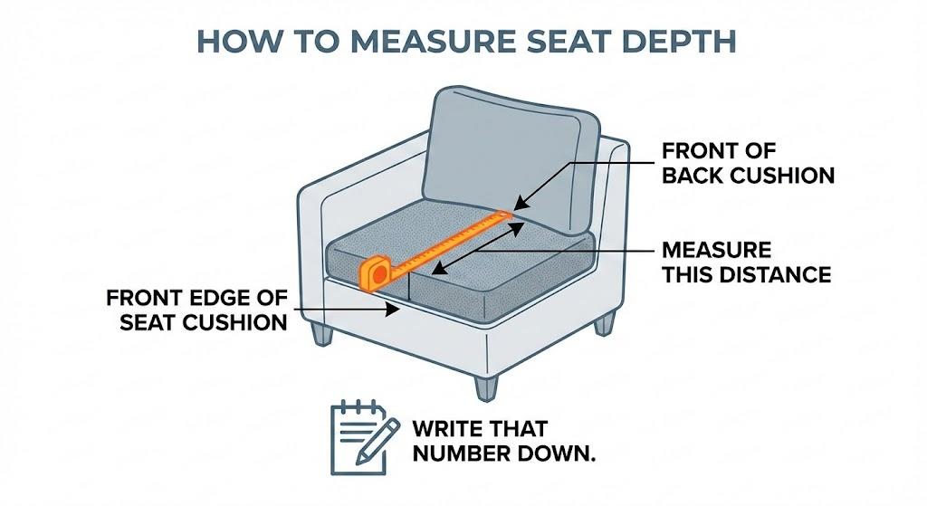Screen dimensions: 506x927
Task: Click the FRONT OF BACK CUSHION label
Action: (x=748, y=162)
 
